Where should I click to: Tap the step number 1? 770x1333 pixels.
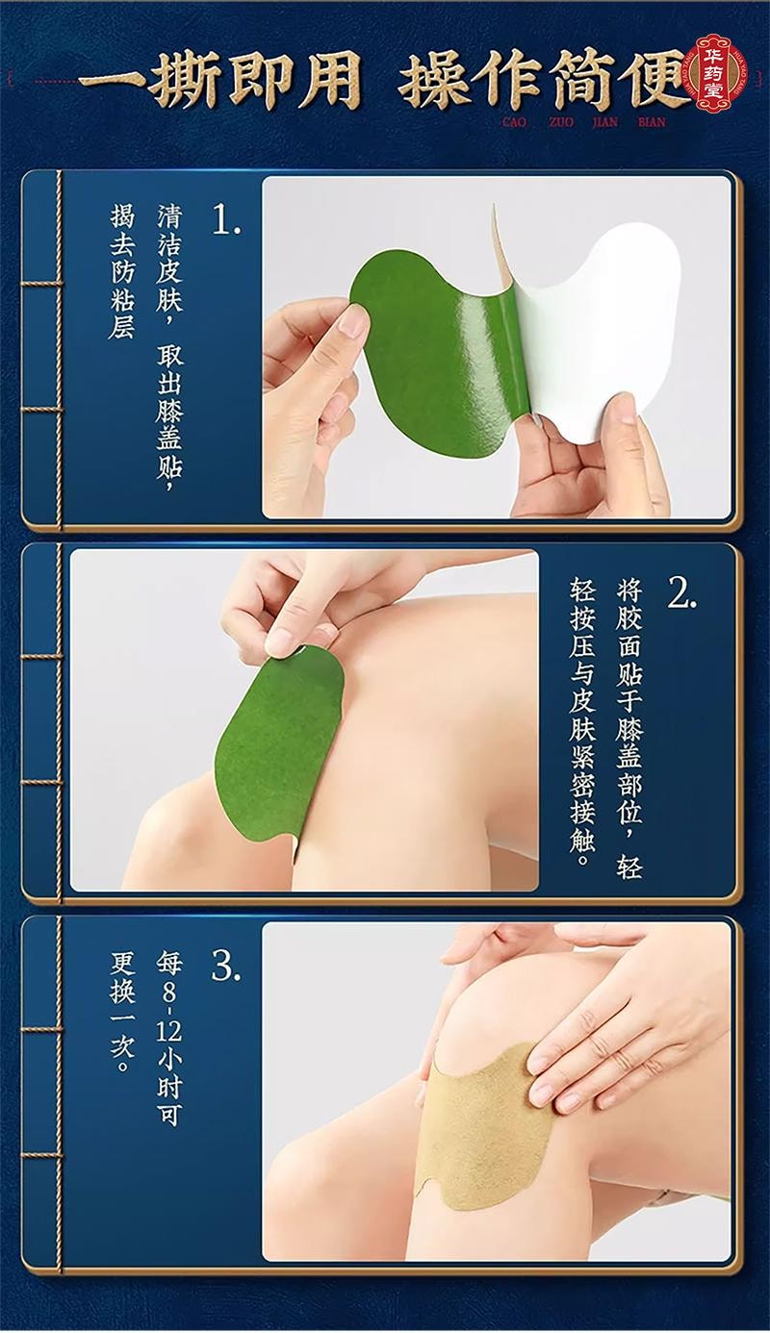tap(227, 220)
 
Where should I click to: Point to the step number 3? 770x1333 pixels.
tap(225, 967)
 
